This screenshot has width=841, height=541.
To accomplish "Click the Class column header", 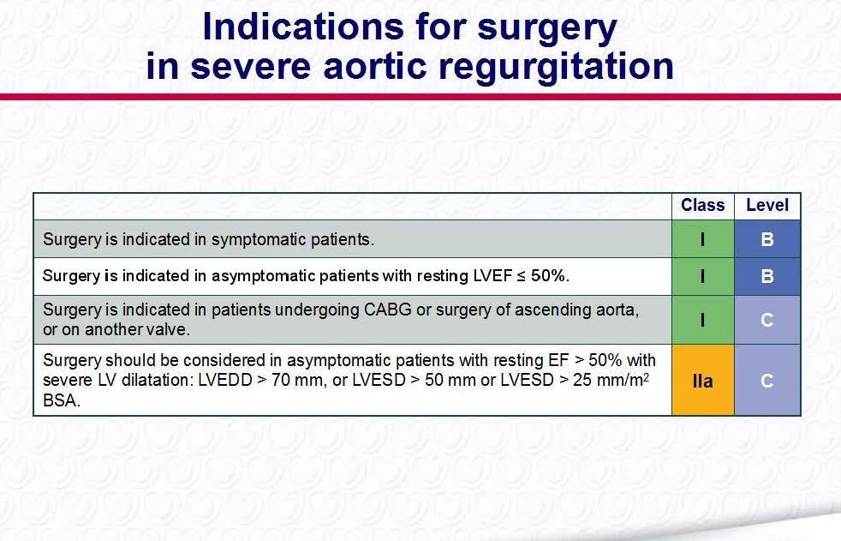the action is click(702, 205).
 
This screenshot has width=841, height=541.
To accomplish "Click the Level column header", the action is click(767, 205).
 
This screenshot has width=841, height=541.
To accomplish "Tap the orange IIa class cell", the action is click(703, 380).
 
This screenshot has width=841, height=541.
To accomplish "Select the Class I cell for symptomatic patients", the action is click(703, 239).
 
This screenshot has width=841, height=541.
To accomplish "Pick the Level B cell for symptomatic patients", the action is click(767, 239).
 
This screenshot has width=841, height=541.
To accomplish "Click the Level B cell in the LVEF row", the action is click(767, 276).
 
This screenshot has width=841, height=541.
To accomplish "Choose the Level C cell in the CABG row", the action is click(767, 320).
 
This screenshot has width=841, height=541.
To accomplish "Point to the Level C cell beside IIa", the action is click(767, 380).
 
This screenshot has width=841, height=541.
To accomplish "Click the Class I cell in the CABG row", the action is click(703, 320).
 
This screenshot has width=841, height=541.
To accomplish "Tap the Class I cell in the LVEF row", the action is click(703, 276).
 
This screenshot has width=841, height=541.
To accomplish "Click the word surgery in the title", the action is click(547, 28).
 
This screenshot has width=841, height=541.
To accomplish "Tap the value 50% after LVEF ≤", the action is click(550, 276).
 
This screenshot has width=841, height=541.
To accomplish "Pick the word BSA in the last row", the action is click(62, 400).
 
